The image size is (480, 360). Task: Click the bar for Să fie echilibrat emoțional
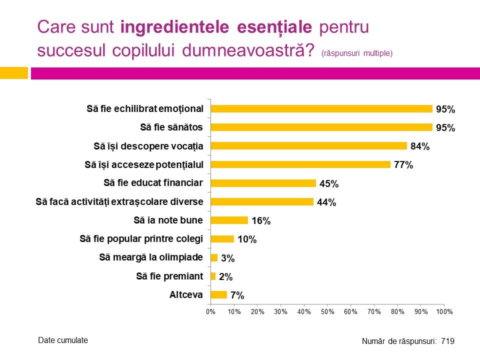tap(321, 109)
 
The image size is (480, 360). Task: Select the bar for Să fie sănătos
tap(321, 127)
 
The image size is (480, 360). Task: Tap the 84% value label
tap(420, 146)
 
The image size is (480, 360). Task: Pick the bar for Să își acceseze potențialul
tap(300, 164)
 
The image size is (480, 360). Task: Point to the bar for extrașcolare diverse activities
tap(262, 202)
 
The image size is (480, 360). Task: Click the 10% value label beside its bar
tap(246, 239)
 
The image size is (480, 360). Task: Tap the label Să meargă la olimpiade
tap(151, 257)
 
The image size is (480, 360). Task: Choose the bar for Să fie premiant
tap(213, 276)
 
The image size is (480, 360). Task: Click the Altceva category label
tap(186, 295)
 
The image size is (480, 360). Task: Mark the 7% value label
tap(237, 295)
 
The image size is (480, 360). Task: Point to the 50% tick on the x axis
tap(327, 312)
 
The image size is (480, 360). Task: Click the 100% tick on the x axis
tap(444, 312)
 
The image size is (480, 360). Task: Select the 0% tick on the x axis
tap(210, 312)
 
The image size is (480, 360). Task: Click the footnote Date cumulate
tap(63, 340)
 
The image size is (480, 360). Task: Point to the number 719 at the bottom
tap(447, 341)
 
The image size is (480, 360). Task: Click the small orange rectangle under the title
tap(13, 73)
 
